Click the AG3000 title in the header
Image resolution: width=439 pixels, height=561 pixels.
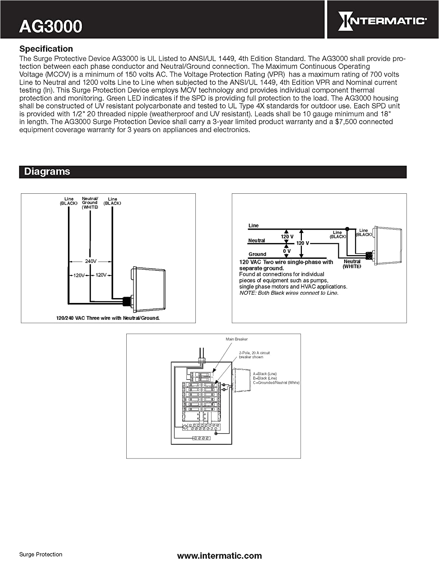[51, 26]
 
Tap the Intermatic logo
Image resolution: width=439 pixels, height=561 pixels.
[382, 21]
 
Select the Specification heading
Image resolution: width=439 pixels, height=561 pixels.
[46, 49]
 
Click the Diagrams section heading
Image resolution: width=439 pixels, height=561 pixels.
[47, 172]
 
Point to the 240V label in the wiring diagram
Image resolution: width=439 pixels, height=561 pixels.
[91, 261]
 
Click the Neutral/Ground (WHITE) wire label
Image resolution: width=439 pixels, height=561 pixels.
[90, 203]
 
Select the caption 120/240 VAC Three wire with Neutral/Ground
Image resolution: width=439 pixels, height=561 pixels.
[108, 318]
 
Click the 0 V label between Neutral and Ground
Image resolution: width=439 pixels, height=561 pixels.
[287, 251]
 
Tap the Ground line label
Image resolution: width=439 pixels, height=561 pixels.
[257, 254]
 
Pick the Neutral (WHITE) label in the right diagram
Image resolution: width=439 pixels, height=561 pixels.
[352, 264]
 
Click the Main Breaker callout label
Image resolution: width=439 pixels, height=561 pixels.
[236, 339]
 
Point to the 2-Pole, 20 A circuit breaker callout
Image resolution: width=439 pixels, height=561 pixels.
[254, 355]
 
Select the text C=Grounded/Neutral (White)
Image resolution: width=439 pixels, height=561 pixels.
[276, 383]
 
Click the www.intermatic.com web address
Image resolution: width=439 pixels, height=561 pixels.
[219, 556]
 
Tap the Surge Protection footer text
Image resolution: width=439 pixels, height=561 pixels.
[41, 554]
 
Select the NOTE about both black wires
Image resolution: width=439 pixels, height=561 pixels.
[289, 293]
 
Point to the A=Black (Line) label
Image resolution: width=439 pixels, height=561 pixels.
[265, 374]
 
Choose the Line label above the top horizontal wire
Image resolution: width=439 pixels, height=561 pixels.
[253, 226]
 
